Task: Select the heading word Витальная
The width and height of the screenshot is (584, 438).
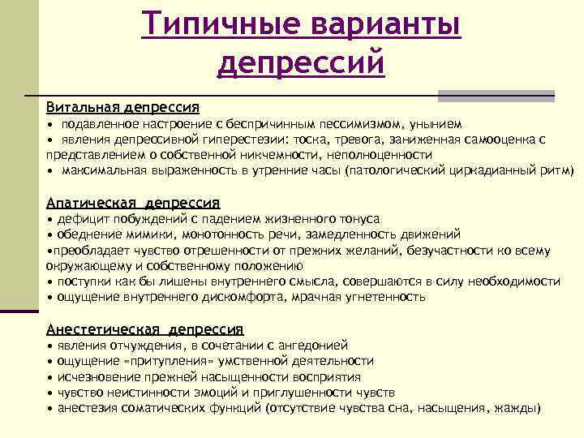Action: (x=83, y=107)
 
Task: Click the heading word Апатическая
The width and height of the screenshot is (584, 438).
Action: (x=93, y=203)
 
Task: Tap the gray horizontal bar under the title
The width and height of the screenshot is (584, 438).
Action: (x=496, y=96)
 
